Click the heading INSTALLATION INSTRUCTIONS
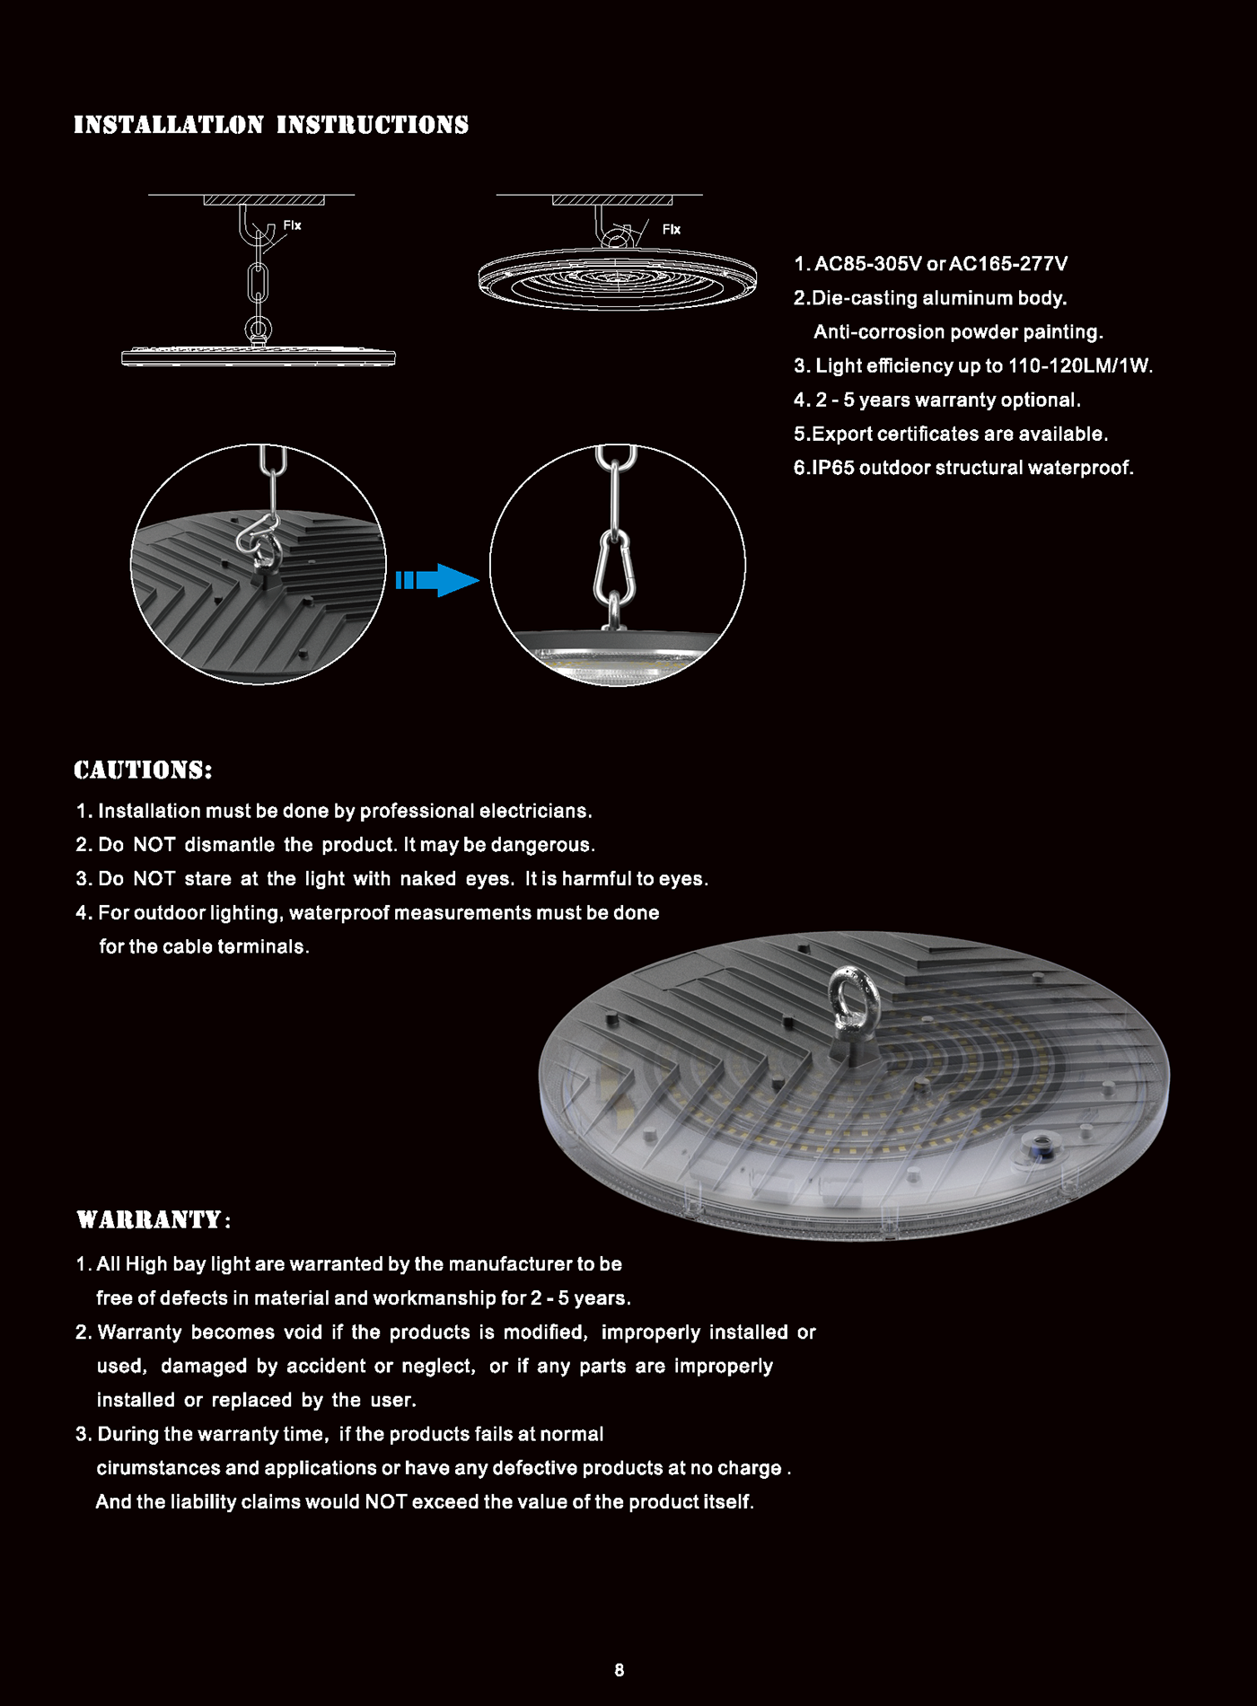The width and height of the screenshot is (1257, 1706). point(271,125)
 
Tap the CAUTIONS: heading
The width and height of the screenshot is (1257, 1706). point(143,769)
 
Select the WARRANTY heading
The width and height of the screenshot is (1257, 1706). point(154,1219)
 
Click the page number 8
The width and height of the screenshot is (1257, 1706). point(620,1670)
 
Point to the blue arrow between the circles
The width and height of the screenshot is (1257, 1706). point(437,580)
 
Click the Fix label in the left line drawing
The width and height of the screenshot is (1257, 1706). point(293,225)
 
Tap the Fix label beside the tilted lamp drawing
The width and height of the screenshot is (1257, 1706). point(672,230)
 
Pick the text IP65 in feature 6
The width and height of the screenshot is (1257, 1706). point(832,468)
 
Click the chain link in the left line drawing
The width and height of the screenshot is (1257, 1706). point(258,284)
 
